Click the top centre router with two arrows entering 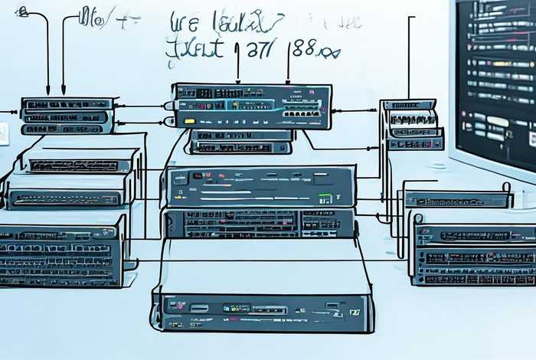click(253, 106)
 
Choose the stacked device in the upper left click(67, 116)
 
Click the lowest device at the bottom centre click(262, 312)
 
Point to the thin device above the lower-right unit click(456, 200)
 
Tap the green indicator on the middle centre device click(325, 198)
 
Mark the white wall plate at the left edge click(3, 133)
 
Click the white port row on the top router click(300, 113)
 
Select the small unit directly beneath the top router click(240, 140)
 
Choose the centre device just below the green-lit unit click(260, 223)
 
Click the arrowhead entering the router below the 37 click(237, 80)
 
